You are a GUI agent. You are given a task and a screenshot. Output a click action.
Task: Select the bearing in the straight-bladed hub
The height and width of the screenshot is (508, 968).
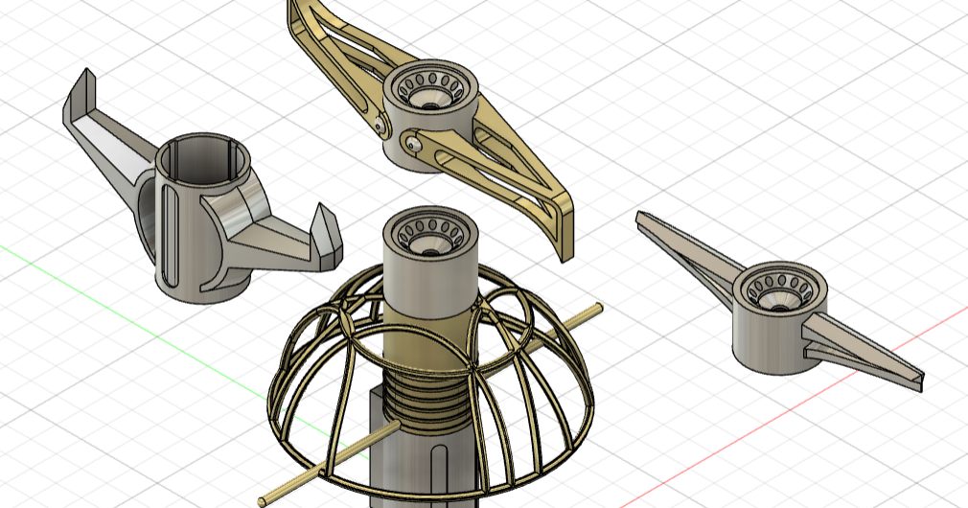click(x=777, y=291)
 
